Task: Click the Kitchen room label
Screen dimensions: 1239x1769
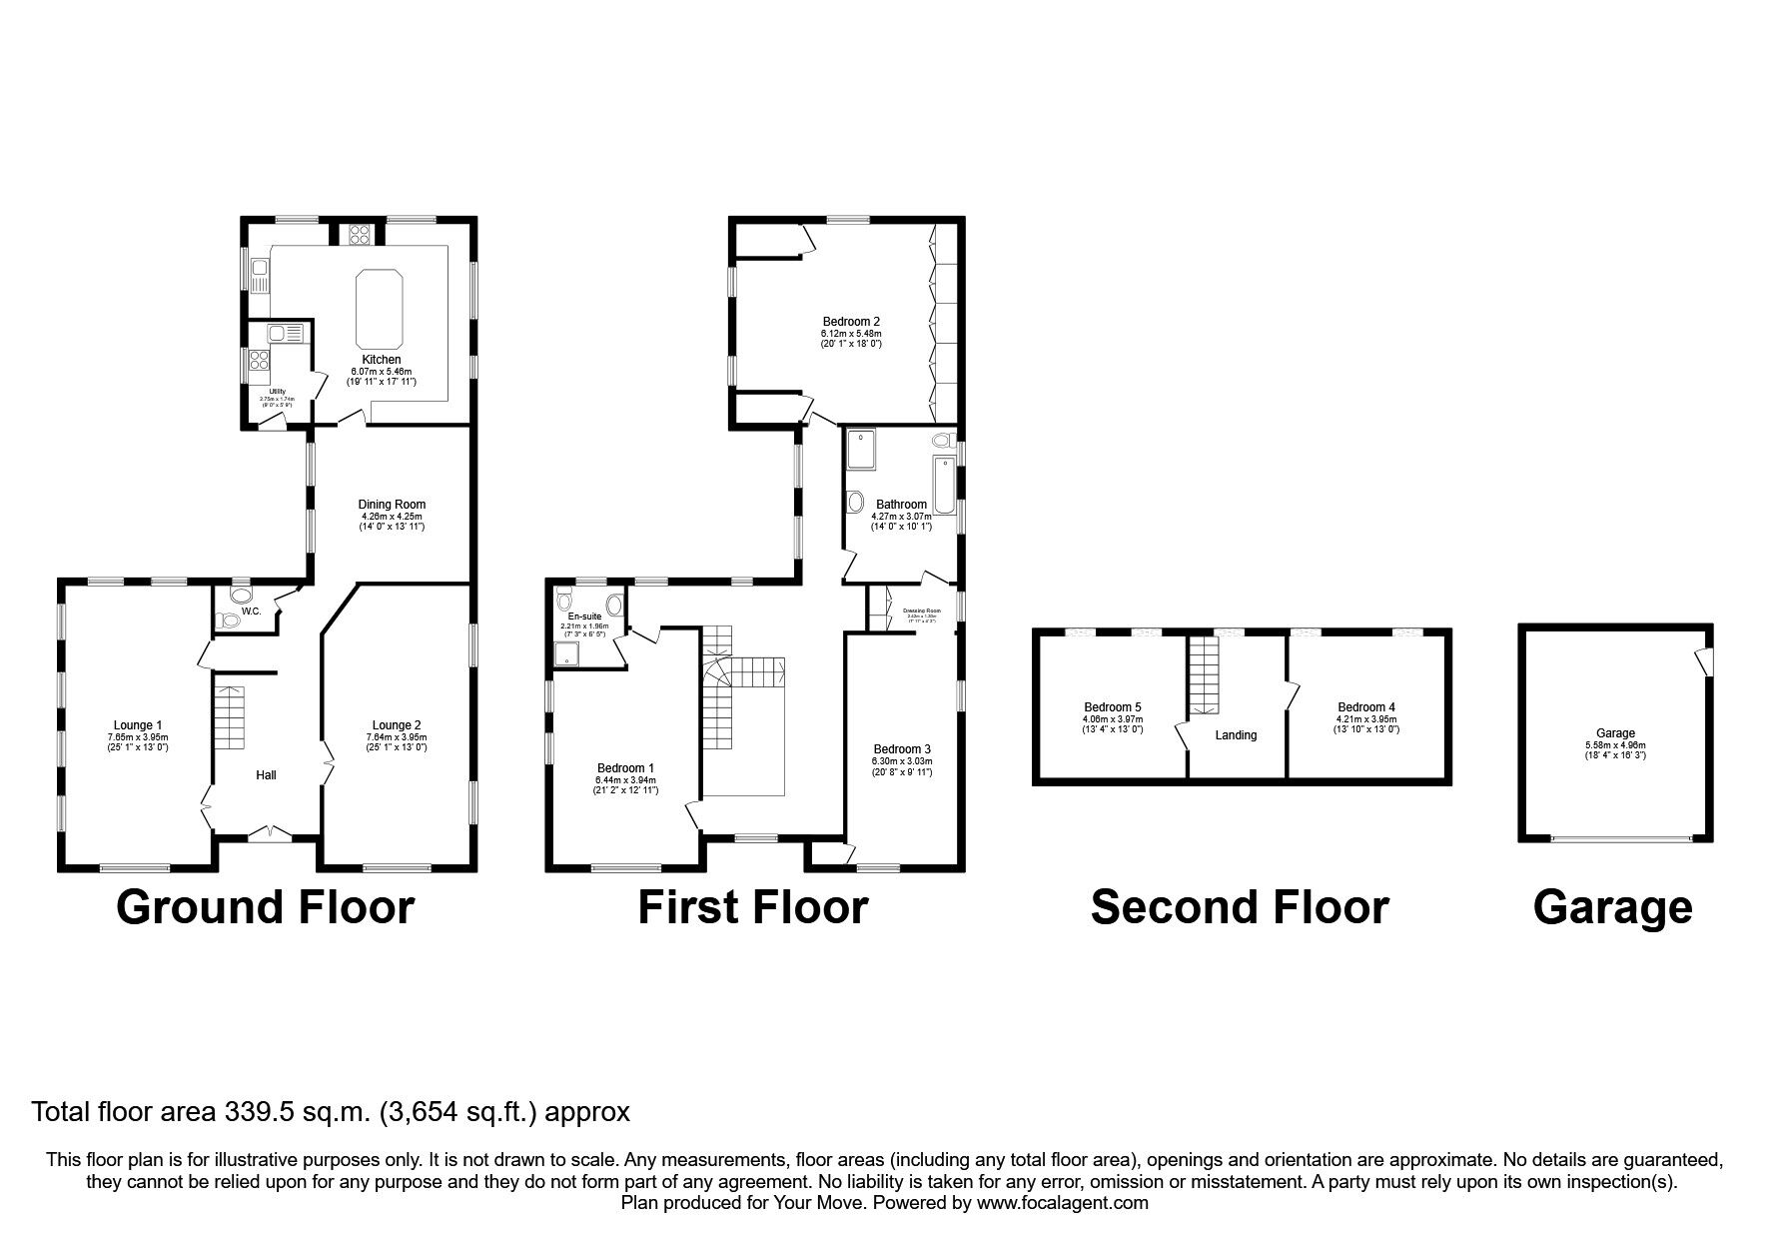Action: (381, 360)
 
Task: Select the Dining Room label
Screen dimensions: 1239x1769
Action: (392, 505)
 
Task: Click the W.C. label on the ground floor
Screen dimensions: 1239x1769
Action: (251, 611)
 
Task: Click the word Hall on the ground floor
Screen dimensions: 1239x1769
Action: (266, 775)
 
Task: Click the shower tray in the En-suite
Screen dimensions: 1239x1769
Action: (567, 655)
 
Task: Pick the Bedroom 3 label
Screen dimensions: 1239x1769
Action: (902, 749)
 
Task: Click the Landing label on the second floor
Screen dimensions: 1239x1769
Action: (1236, 735)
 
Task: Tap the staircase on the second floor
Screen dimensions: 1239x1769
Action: (1205, 675)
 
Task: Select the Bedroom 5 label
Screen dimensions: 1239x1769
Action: (1112, 707)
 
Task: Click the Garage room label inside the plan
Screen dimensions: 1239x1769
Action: (1615, 733)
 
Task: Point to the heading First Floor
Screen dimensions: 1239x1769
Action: (752, 908)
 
